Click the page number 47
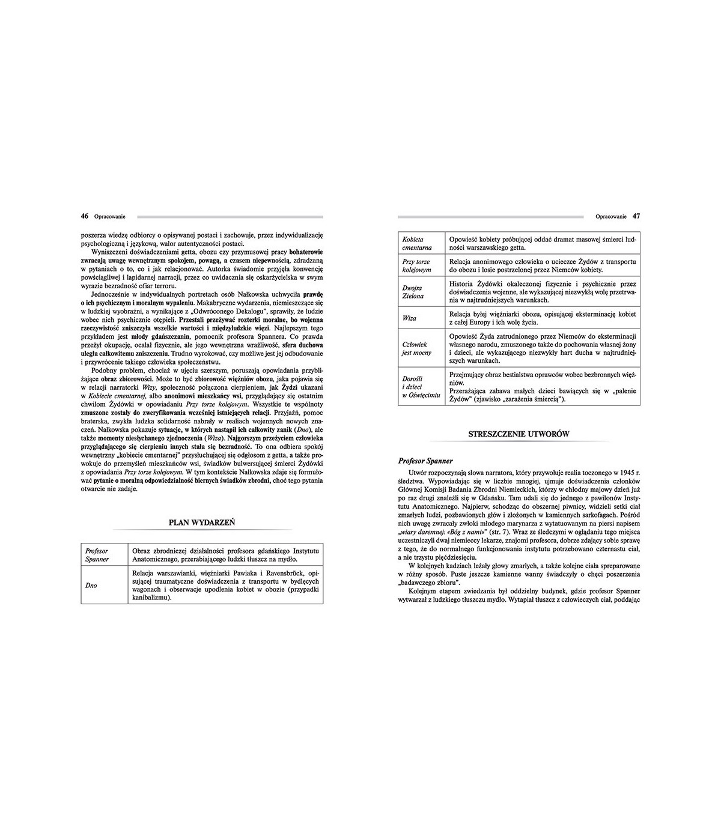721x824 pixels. click(x=636, y=216)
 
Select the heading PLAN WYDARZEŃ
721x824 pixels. click(x=202, y=523)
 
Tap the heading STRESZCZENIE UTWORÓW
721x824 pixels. click(x=519, y=434)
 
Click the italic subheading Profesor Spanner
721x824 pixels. click(x=425, y=461)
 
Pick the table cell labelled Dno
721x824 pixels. click(x=91, y=585)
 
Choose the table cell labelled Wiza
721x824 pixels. click(x=409, y=318)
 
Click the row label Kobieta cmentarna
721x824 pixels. click(x=417, y=243)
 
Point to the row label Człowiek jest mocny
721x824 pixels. click(x=417, y=348)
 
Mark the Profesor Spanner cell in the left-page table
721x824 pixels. click(x=97, y=555)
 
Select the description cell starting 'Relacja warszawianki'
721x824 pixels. click(x=225, y=585)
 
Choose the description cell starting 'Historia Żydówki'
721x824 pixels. click(x=542, y=292)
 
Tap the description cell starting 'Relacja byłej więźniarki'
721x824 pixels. click(x=542, y=318)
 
